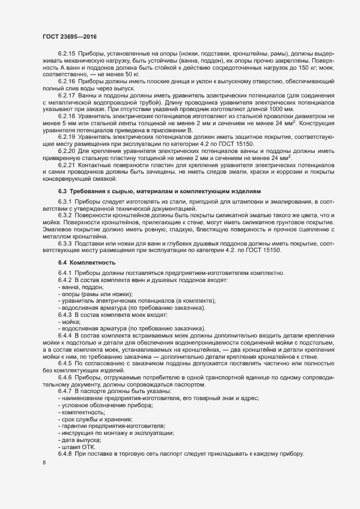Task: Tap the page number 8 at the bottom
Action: pos(44,463)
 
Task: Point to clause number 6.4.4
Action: pos(65,336)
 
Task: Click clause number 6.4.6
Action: pos(65,377)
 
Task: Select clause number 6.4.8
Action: pos(65,454)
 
